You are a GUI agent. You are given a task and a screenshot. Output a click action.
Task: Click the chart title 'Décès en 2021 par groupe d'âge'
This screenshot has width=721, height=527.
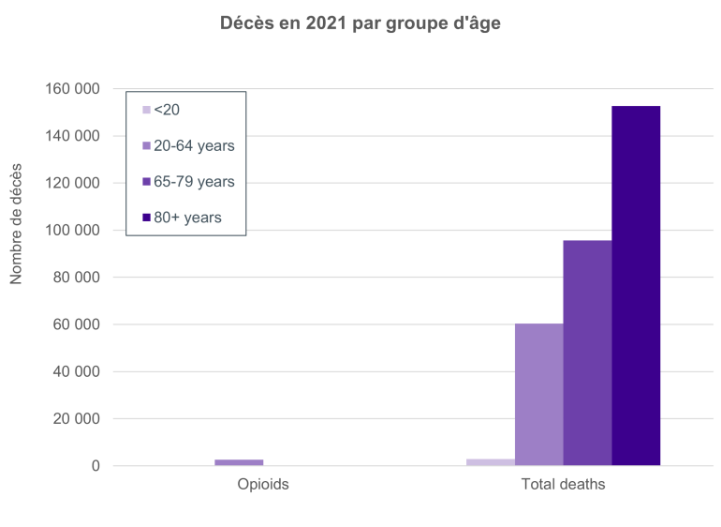tap(360, 24)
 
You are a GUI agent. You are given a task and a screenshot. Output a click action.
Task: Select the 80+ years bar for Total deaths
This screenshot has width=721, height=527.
tap(636, 285)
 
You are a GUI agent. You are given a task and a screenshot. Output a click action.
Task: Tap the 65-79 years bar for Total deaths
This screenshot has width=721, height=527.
tap(587, 353)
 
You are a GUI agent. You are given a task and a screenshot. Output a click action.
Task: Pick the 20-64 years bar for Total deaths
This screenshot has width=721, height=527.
tap(538, 394)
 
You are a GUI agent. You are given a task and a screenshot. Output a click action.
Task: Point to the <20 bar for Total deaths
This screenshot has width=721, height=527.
tap(490, 461)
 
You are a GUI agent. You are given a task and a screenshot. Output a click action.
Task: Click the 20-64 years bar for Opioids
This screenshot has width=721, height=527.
tap(239, 462)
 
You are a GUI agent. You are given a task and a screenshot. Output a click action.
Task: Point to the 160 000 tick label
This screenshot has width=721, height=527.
tap(72, 89)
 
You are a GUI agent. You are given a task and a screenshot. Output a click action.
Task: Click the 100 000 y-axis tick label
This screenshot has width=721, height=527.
tap(72, 231)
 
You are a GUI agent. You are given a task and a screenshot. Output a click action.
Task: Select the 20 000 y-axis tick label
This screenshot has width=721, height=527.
tap(76, 419)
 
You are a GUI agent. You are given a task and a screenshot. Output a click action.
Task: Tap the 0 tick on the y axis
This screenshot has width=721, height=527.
tap(96, 466)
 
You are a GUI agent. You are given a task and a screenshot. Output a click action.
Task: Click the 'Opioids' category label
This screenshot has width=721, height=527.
tap(263, 485)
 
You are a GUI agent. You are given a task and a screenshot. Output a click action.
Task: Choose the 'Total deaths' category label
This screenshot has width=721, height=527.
tap(563, 485)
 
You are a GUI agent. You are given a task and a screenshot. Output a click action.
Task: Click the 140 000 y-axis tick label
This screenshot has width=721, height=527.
tap(72, 136)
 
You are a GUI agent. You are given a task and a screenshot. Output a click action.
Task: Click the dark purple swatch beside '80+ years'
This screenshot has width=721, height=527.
tap(146, 218)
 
